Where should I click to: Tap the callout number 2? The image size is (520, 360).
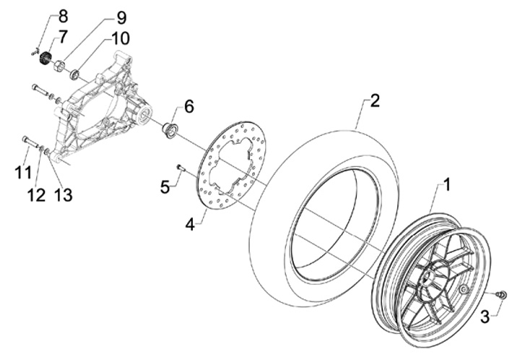(374, 100)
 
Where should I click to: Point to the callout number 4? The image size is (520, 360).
(190, 225)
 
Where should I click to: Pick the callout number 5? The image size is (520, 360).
(165, 187)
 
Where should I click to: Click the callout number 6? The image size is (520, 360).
(188, 106)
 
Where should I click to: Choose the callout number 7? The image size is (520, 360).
(63, 36)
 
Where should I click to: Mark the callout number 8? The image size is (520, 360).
(63, 15)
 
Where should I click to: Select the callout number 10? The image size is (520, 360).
(120, 38)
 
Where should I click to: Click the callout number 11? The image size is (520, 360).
(21, 171)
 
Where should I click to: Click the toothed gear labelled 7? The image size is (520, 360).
(48, 58)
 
